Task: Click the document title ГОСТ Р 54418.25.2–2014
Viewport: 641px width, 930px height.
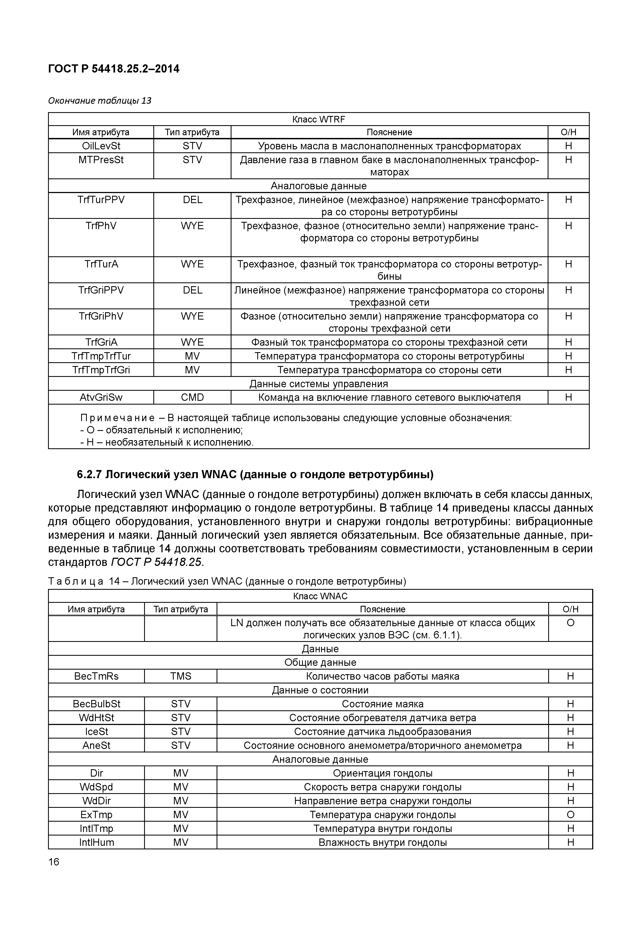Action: (x=114, y=69)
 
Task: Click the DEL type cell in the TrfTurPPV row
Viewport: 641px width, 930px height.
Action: (x=192, y=200)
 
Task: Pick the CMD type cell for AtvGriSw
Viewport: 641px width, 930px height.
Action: (x=192, y=398)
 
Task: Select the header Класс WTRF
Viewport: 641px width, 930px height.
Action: (x=319, y=119)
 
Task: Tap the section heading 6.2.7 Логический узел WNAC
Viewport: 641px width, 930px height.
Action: (x=255, y=475)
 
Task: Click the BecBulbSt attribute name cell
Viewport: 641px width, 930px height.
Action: (x=96, y=704)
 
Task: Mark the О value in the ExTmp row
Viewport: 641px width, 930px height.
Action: (x=570, y=815)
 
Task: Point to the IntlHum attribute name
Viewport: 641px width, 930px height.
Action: (x=96, y=842)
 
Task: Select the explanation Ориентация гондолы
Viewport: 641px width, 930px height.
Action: (x=382, y=773)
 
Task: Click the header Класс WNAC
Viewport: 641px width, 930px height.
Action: (x=320, y=596)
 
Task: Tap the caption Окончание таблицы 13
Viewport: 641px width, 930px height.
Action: (x=100, y=100)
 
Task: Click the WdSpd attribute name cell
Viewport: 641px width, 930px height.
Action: (x=96, y=787)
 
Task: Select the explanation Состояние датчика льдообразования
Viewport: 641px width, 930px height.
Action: (x=382, y=732)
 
